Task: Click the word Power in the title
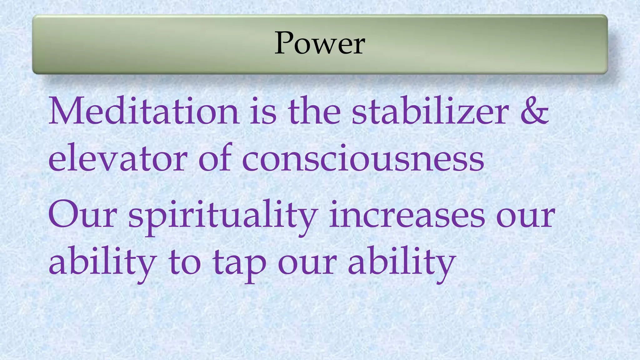click(x=320, y=44)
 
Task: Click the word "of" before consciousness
click(x=215, y=158)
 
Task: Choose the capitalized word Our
click(x=82, y=216)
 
